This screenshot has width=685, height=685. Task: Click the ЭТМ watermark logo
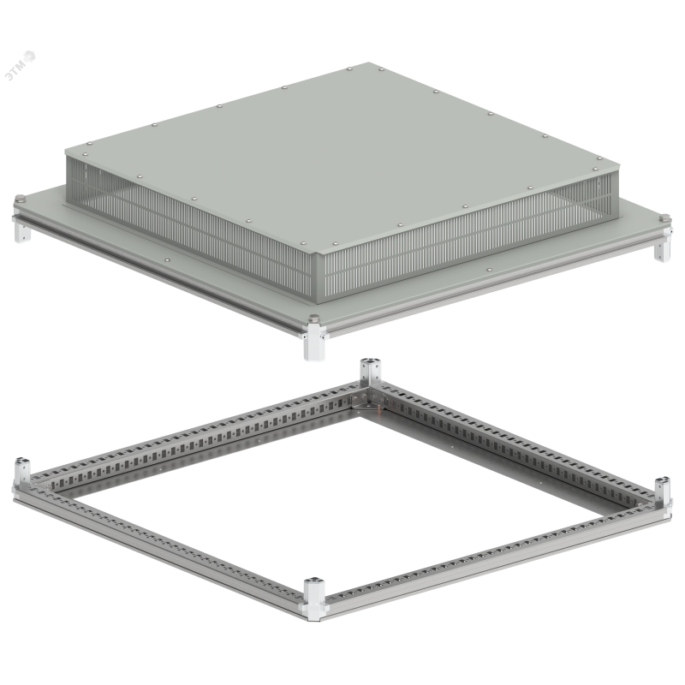point(20,66)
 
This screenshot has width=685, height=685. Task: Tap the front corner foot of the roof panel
point(314,342)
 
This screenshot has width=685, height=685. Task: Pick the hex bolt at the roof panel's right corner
point(664,217)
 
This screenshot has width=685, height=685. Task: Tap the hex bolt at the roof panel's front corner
point(313,319)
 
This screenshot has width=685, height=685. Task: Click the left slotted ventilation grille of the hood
point(188,225)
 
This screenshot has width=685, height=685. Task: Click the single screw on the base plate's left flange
point(167,260)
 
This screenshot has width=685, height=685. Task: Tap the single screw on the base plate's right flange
point(489,270)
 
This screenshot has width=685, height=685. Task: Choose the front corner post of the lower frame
point(314,599)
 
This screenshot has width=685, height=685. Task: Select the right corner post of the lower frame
point(663,493)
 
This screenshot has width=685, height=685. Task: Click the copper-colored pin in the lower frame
point(378,409)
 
